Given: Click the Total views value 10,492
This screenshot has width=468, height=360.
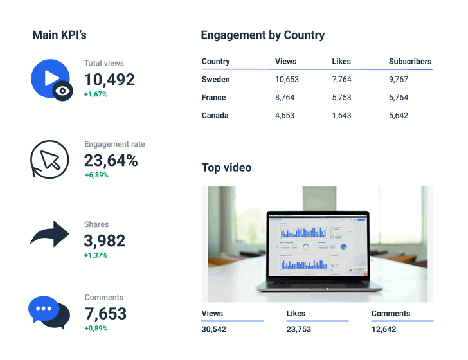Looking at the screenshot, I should [x=109, y=80].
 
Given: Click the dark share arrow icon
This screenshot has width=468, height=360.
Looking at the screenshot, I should [x=50, y=235].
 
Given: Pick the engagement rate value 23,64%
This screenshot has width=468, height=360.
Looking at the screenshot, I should [x=111, y=161].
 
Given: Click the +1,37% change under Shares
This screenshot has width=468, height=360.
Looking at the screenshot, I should [x=96, y=255].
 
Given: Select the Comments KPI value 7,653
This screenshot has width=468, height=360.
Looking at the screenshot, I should [x=105, y=314].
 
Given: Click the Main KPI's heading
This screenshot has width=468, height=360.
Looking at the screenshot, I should [x=59, y=35].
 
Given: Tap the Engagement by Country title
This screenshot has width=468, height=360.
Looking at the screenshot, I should [x=262, y=35].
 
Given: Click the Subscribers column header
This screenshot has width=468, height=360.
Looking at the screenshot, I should [x=410, y=62].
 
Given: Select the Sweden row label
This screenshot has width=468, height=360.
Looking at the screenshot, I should [x=215, y=80].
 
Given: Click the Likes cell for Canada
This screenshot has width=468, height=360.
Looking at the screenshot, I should [x=341, y=116].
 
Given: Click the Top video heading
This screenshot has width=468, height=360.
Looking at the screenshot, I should [x=226, y=168].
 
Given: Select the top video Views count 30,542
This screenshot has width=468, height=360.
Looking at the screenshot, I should [x=214, y=329].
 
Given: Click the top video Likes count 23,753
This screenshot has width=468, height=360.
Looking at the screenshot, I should [x=299, y=329].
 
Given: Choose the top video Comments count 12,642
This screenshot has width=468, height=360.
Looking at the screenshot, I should [x=384, y=329].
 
